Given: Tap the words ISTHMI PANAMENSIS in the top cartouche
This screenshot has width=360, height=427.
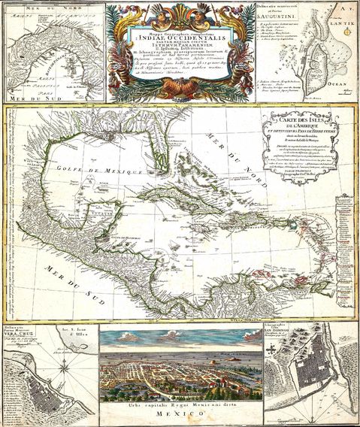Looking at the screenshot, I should point(182,56).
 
